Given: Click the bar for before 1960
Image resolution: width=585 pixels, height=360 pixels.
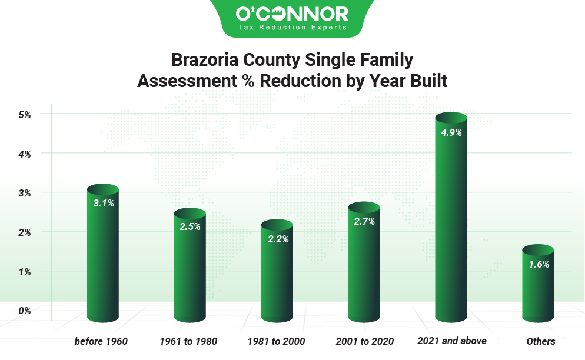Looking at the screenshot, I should tap(103, 259).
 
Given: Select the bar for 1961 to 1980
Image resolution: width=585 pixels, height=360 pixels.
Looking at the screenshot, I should tap(190, 271).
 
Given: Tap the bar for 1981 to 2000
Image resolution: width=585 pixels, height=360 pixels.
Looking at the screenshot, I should tap(277, 276).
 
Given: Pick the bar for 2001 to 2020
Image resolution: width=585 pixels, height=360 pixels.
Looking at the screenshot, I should tap(364, 268).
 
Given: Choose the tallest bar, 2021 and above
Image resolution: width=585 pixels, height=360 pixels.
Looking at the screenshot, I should tap(451, 224).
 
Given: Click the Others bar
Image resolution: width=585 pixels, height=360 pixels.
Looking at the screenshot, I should tap(538, 288).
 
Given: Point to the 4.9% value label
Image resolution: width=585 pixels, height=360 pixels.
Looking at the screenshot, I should tap(451, 132).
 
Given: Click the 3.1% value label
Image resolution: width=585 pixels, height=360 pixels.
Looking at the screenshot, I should tap(103, 203).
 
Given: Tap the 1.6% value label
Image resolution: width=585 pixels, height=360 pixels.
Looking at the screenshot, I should tap(538, 264).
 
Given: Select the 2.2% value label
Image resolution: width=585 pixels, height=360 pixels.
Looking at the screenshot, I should tap(277, 239).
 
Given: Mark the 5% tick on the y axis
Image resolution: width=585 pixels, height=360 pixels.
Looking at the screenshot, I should tap(24, 114).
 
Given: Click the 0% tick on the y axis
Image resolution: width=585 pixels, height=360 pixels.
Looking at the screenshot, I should tap(24, 311).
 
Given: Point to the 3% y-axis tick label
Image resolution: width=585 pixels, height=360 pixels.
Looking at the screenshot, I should tap(24, 193).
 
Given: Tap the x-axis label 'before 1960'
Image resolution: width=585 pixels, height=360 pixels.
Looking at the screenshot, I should tap(101, 341).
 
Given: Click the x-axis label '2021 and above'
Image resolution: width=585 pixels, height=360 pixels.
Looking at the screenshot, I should tap(451, 341).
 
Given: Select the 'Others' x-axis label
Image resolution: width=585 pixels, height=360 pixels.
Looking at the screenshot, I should tap(541, 341).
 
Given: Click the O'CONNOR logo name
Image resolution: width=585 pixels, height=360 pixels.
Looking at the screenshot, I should tap(292, 13).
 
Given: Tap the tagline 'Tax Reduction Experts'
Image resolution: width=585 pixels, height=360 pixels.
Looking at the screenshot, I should tap(292, 27).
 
